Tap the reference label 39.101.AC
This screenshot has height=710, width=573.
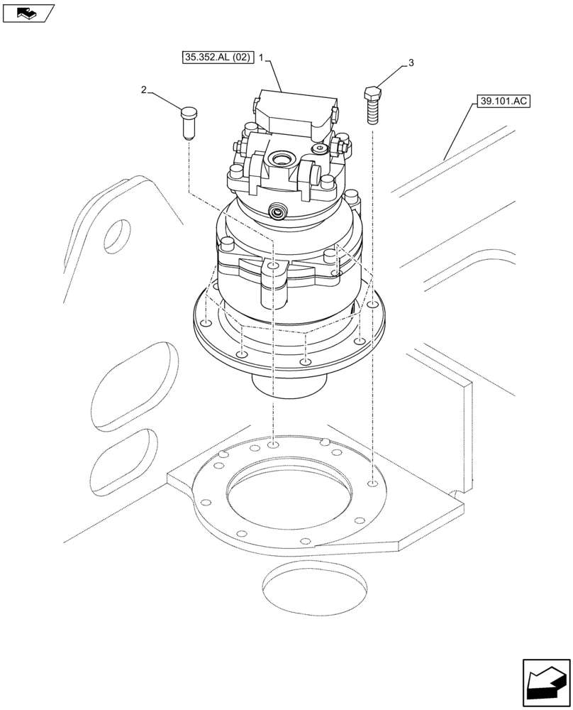[x=504, y=102]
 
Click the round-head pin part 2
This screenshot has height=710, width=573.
[x=188, y=121]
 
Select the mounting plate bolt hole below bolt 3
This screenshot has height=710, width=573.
[x=372, y=485]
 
